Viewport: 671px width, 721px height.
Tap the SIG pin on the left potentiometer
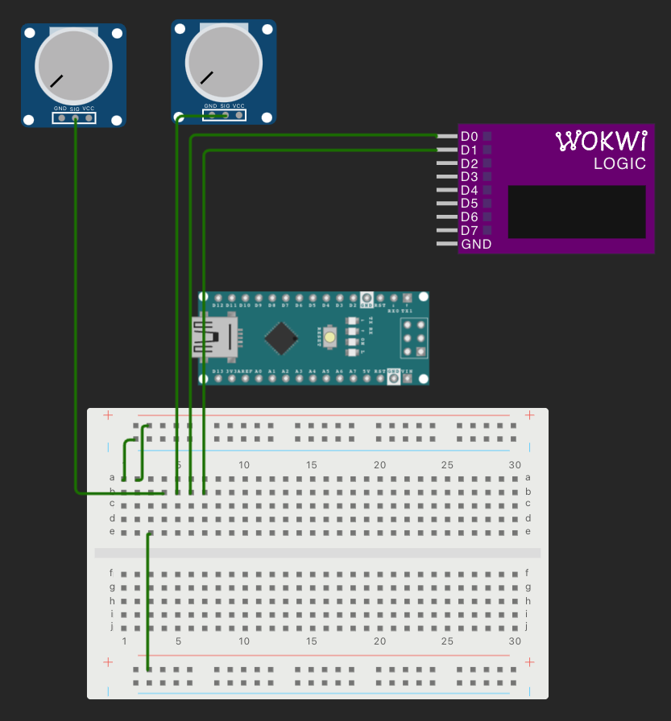coord(75,118)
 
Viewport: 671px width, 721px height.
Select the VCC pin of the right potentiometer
coord(238,115)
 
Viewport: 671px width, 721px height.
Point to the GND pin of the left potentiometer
coord(60,118)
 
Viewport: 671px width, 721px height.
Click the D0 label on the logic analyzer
coord(469,136)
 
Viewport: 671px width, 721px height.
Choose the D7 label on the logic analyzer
coord(469,230)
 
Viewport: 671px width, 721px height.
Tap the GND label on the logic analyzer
coord(476,244)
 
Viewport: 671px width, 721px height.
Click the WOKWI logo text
coord(602,142)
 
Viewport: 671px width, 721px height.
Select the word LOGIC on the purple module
coord(619,164)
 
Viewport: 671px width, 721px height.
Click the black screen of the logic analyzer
coord(577,212)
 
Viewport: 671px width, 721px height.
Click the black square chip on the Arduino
coord(281,338)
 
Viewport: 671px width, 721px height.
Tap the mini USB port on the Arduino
coord(212,337)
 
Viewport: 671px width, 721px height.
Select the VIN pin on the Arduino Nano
coord(407,377)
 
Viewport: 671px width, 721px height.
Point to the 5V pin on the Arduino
coord(367,377)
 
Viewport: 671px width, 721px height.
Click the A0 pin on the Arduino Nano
coord(259,377)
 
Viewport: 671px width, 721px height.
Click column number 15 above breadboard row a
coord(312,465)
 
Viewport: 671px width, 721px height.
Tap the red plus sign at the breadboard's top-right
coord(529,415)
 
